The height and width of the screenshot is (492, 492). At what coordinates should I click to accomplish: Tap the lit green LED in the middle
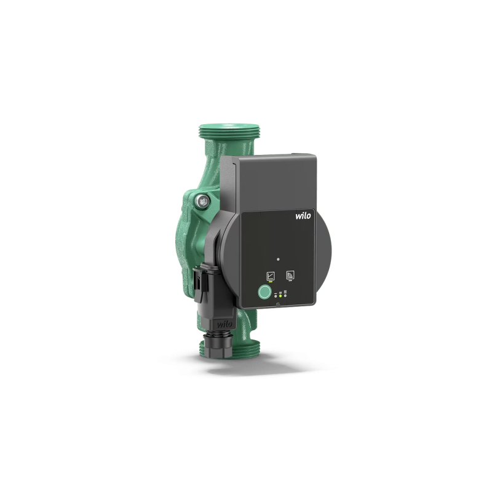(280, 295)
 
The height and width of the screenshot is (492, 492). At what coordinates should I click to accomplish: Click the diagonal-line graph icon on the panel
(270, 276)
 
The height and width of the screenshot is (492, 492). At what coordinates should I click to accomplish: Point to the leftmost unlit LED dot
(276, 295)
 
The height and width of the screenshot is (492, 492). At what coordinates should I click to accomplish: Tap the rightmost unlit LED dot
(285, 295)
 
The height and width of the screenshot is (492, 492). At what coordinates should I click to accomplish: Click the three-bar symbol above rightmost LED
(285, 292)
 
